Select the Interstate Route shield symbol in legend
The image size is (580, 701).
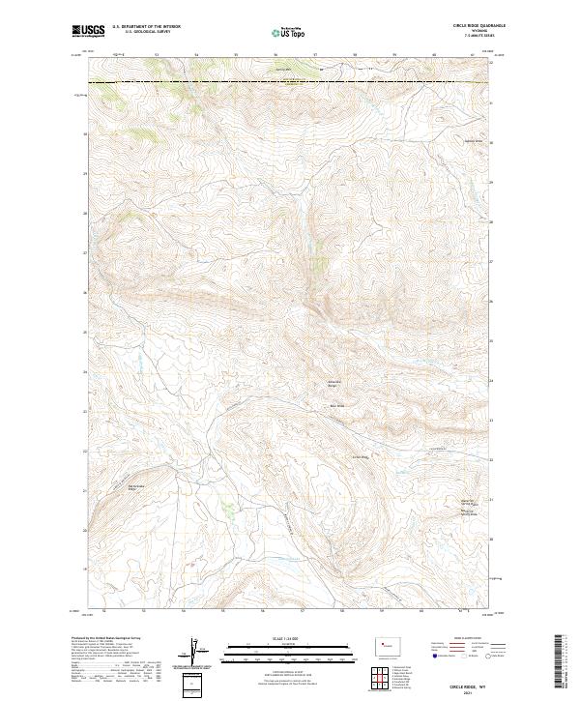431,655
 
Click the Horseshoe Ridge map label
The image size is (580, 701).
333,383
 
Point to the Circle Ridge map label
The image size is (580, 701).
361,456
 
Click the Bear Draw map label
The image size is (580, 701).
337,406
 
